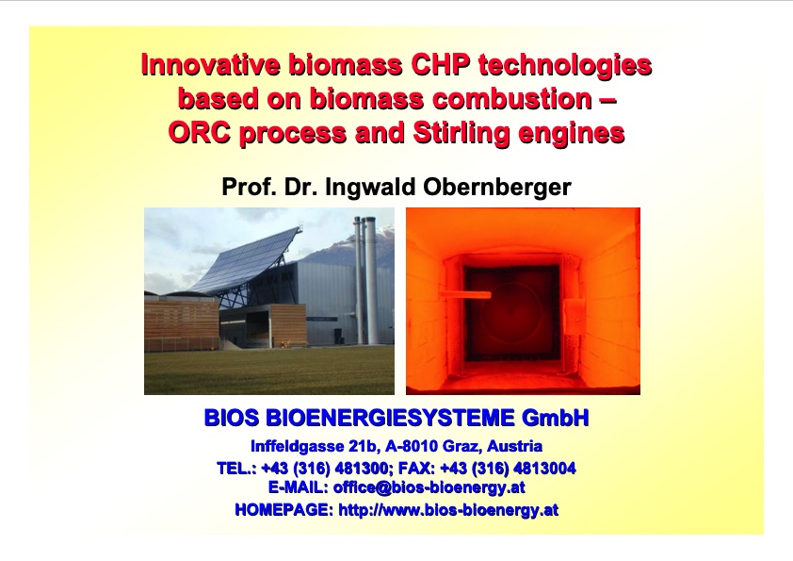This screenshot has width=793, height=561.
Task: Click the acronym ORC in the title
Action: (198, 133)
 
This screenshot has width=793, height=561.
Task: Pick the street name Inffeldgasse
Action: (295, 446)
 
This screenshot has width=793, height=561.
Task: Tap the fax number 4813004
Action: (544, 468)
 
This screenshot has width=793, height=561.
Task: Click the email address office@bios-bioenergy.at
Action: (429, 487)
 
